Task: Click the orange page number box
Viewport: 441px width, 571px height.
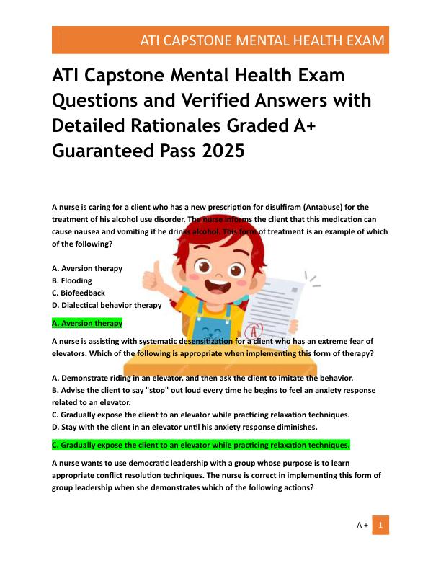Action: tap(380, 525)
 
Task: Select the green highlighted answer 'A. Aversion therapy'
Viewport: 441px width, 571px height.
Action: tap(87, 324)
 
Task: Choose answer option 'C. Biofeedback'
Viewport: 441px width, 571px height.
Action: tap(79, 293)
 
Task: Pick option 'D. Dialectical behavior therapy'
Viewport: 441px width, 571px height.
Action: tap(107, 305)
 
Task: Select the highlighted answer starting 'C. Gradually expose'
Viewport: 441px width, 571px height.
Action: tap(200, 445)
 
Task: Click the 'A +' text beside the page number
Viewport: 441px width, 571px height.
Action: tap(362, 526)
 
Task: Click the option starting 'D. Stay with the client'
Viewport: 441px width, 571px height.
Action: tap(184, 427)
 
